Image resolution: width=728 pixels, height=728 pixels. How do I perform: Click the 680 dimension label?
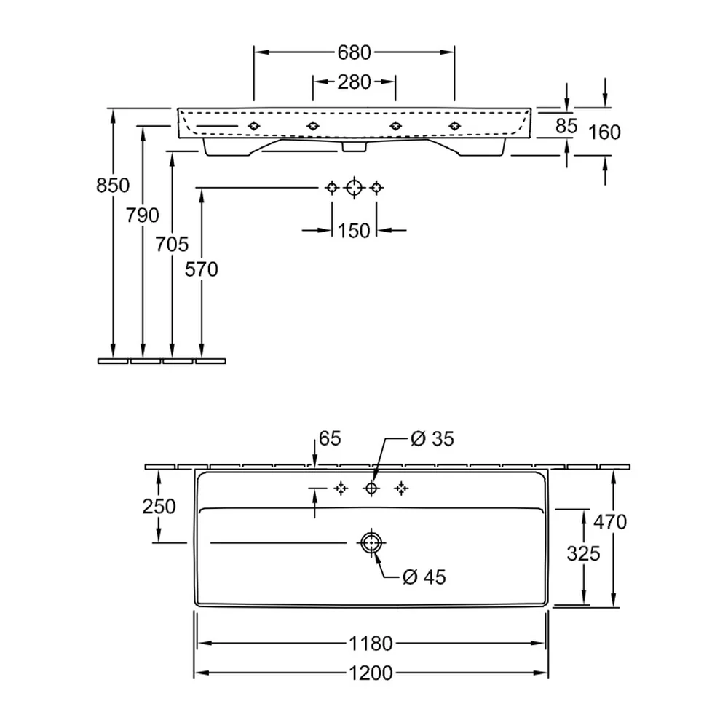[354, 52]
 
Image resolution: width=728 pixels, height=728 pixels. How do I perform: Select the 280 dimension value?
[354, 82]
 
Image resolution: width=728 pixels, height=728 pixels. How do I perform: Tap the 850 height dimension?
[113, 185]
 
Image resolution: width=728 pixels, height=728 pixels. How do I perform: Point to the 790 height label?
[143, 215]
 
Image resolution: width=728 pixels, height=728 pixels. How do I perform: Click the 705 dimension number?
[172, 244]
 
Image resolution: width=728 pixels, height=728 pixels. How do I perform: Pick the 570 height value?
[202, 269]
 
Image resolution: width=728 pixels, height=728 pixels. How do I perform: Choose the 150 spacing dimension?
[354, 231]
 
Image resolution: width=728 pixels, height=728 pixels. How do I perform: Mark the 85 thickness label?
[566, 125]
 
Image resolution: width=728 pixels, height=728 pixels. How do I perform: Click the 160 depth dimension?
[604, 132]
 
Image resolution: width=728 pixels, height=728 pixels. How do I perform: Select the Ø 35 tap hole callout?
[432, 439]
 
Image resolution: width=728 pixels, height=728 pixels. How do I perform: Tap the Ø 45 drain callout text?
[424, 577]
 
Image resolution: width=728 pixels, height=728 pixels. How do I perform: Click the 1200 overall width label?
[371, 673]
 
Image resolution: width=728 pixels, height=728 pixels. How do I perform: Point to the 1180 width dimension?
[371, 644]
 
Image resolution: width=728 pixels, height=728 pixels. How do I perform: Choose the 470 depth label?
[610, 522]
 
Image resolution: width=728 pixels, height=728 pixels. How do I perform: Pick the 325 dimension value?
[584, 553]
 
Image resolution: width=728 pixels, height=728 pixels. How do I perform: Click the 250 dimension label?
[159, 506]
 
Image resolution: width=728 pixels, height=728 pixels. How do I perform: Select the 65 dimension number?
[330, 438]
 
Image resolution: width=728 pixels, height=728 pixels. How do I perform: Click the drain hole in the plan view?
[371, 542]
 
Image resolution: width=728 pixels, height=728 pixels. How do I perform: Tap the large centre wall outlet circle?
[355, 188]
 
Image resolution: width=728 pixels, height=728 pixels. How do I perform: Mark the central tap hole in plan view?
[371, 488]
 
